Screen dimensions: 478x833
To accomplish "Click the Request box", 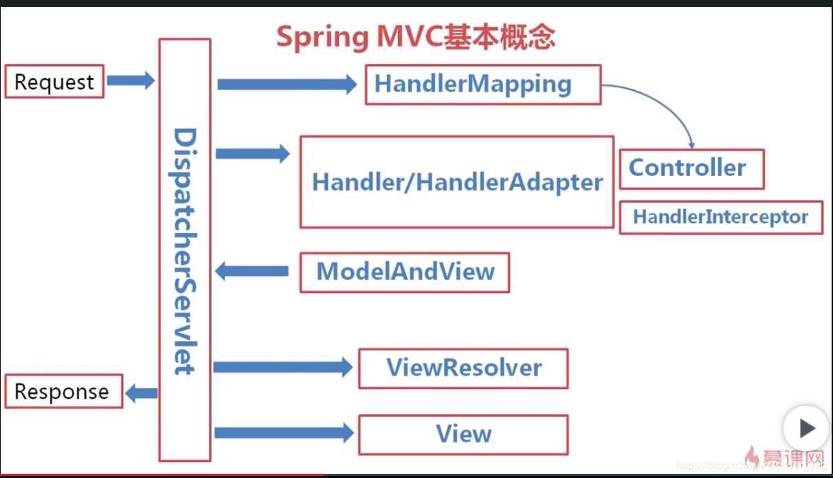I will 54,82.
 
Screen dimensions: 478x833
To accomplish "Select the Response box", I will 63,391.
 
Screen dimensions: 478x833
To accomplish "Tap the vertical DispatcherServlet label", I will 184,251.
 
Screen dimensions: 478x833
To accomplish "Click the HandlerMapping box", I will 482,85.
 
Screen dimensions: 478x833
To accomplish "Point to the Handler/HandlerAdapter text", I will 457,182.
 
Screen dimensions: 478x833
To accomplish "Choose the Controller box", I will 691,169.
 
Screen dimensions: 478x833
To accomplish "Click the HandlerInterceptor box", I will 720,217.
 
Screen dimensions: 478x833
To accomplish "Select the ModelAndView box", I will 405,272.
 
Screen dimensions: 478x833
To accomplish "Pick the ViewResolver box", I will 463,368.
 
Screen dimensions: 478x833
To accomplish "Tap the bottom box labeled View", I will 463,434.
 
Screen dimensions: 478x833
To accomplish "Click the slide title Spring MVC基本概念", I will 416,37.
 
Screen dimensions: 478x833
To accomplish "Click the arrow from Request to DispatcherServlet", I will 131,80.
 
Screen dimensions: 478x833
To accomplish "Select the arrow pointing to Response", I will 142,393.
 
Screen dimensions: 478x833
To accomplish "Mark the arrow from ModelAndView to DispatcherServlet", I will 252,271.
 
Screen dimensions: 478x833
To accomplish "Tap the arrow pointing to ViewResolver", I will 282,367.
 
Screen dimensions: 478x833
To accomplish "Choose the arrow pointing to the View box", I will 283,433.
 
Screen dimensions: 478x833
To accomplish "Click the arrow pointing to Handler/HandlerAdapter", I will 252,153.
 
